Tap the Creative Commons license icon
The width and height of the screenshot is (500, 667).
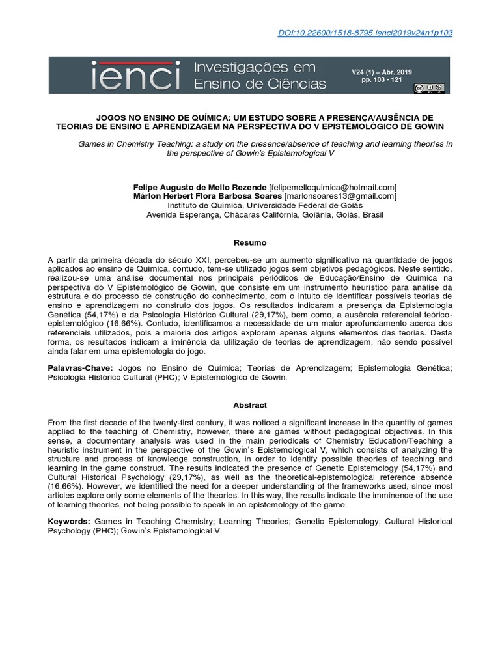(x=433, y=87)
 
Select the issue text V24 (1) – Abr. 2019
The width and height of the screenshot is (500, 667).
(x=382, y=72)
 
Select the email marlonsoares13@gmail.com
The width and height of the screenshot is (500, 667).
(x=340, y=196)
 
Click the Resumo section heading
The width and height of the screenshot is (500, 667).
(x=250, y=242)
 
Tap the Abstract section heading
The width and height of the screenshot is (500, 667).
(x=250, y=405)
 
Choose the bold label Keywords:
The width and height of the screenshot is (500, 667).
(x=70, y=522)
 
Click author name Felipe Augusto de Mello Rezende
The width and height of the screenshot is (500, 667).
(x=196, y=187)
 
